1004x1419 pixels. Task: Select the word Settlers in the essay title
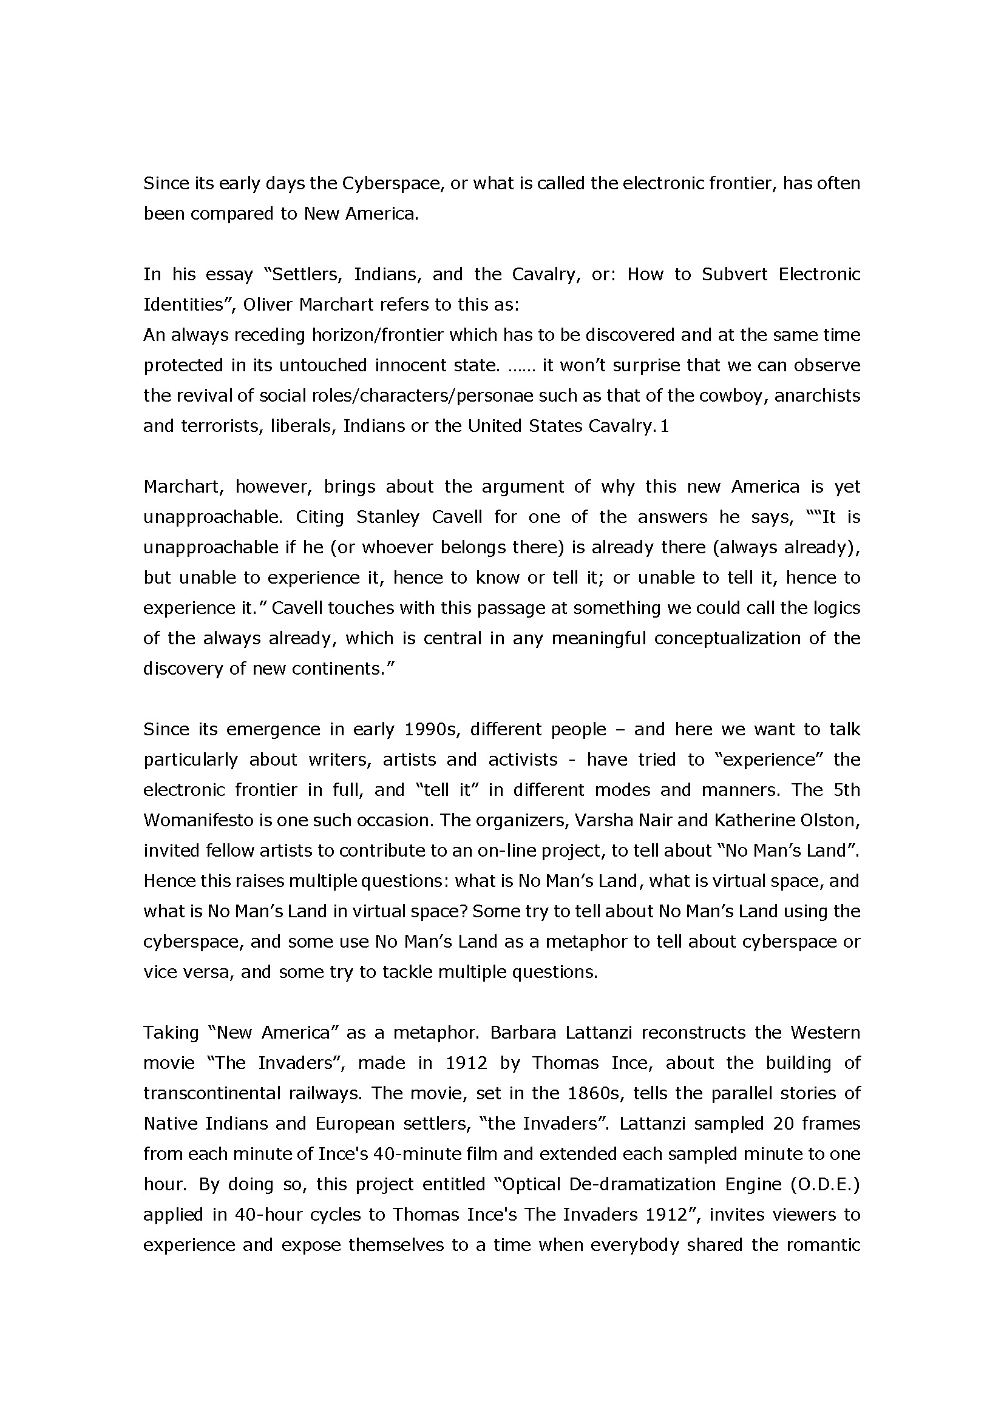[x=307, y=274]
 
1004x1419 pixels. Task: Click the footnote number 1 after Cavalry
[x=665, y=426]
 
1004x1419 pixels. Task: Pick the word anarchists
[x=817, y=396]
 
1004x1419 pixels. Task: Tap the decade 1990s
[x=430, y=729]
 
